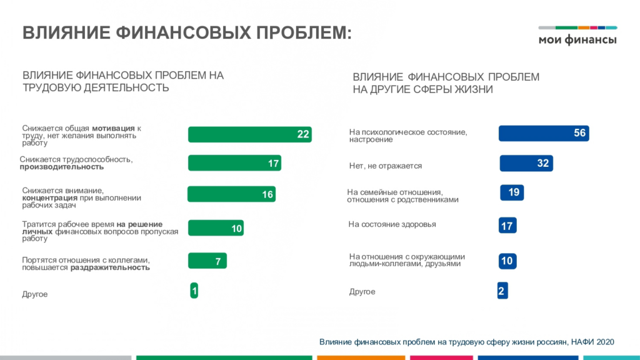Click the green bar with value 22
(x=250, y=134)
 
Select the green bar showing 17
(x=234, y=163)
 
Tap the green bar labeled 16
(x=231, y=194)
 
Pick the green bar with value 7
(x=207, y=261)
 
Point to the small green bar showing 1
(x=194, y=291)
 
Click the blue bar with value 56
(x=544, y=133)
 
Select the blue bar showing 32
(x=526, y=163)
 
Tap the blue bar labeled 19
(x=512, y=192)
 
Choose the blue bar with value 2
(x=502, y=291)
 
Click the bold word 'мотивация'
(x=114, y=128)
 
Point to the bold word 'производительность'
(x=61, y=167)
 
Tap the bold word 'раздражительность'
(x=110, y=267)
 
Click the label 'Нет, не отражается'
(x=386, y=166)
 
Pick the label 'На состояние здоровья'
(x=392, y=224)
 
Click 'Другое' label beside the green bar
(x=35, y=294)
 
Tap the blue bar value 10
(x=507, y=261)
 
